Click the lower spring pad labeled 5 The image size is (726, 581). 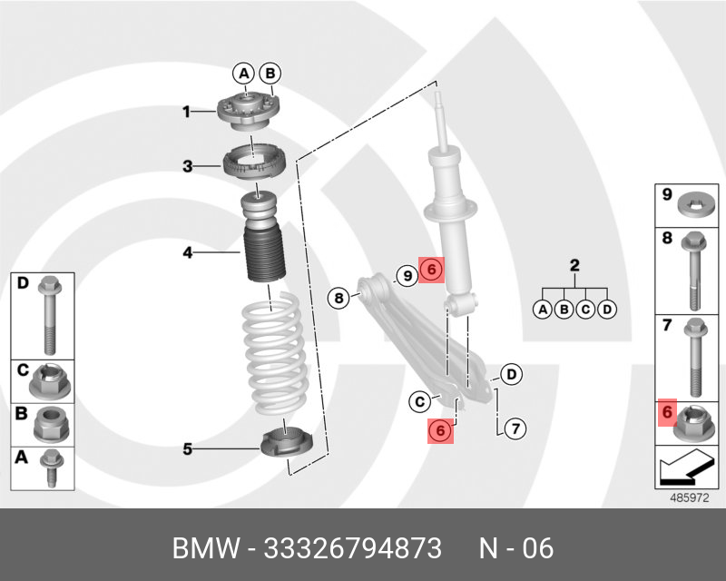click(287, 446)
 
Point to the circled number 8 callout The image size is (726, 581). click(338, 296)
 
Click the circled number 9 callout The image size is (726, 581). click(407, 271)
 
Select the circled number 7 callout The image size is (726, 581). click(513, 428)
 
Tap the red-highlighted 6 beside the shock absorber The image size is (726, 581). click(432, 271)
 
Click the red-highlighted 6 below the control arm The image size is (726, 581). click(439, 430)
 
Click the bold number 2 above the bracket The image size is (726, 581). click(574, 266)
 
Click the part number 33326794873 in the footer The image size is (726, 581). click(352, 548)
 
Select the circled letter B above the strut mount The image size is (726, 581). click(270, 74)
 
